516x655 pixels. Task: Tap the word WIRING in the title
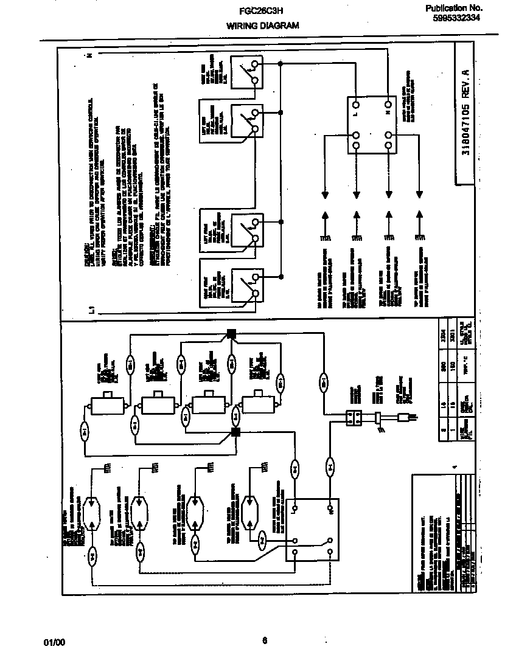(241, 26)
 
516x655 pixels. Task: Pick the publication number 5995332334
(456, 18)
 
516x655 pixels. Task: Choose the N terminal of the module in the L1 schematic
(388, 113)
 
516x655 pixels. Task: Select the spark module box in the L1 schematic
(372, 125)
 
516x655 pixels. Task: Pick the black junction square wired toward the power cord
(231, 333)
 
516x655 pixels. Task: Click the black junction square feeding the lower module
(235, 432)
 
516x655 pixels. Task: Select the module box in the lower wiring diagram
(312, 529)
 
